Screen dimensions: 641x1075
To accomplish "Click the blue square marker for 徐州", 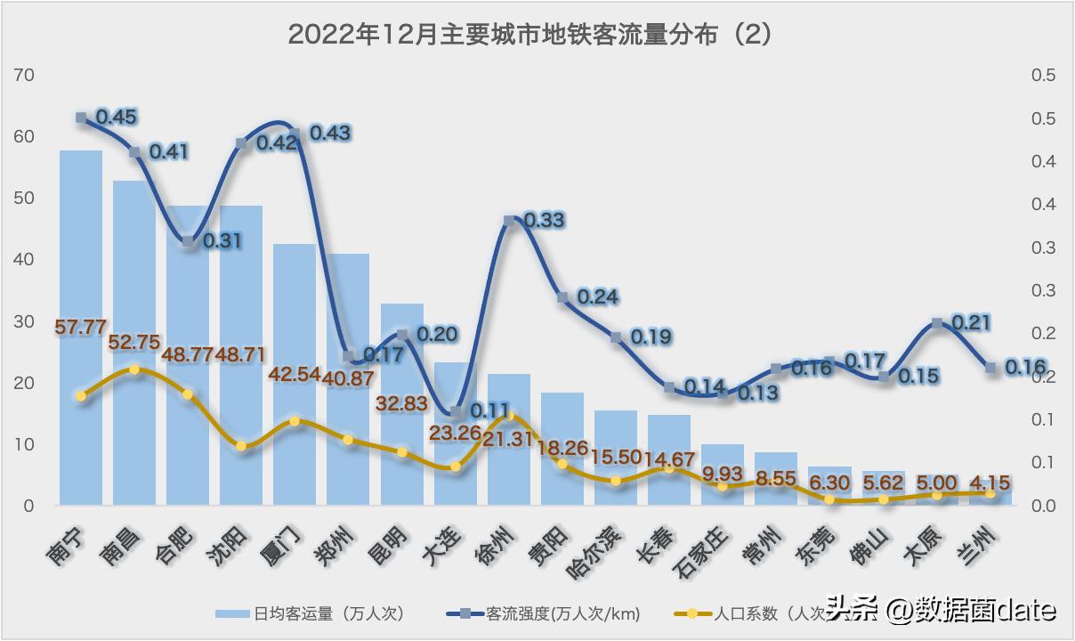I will click(509, 220).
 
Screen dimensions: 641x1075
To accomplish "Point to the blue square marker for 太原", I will click(937, 323).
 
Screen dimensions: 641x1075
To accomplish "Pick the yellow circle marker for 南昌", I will click(134, 369).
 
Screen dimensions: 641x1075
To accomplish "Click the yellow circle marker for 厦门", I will click(295, 420).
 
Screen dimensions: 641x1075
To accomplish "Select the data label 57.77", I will click(81, 327).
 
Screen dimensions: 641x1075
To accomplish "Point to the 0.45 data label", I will click(117, 117).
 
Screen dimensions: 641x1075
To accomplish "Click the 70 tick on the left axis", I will click(25, 76).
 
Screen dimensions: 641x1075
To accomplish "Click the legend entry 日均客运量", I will click(311, 613).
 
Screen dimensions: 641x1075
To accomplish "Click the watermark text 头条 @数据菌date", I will click(942, 610).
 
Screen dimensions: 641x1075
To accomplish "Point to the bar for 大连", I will click(456, 445).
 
